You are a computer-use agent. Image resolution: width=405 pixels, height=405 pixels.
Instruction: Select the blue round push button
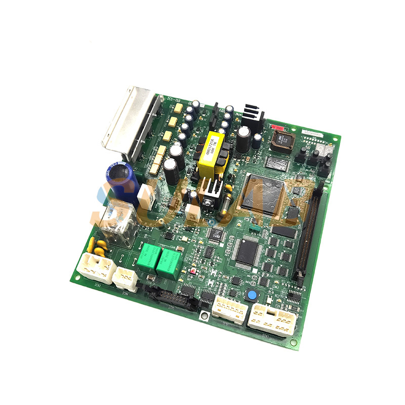[x=251, y=296]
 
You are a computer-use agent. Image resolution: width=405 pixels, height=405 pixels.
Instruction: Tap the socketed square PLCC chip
[x=282, y=140]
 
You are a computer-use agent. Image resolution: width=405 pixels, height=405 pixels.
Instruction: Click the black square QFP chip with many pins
[x=248, y=251]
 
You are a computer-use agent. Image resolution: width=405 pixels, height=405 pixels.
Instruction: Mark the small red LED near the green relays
[x=193, y=271]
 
